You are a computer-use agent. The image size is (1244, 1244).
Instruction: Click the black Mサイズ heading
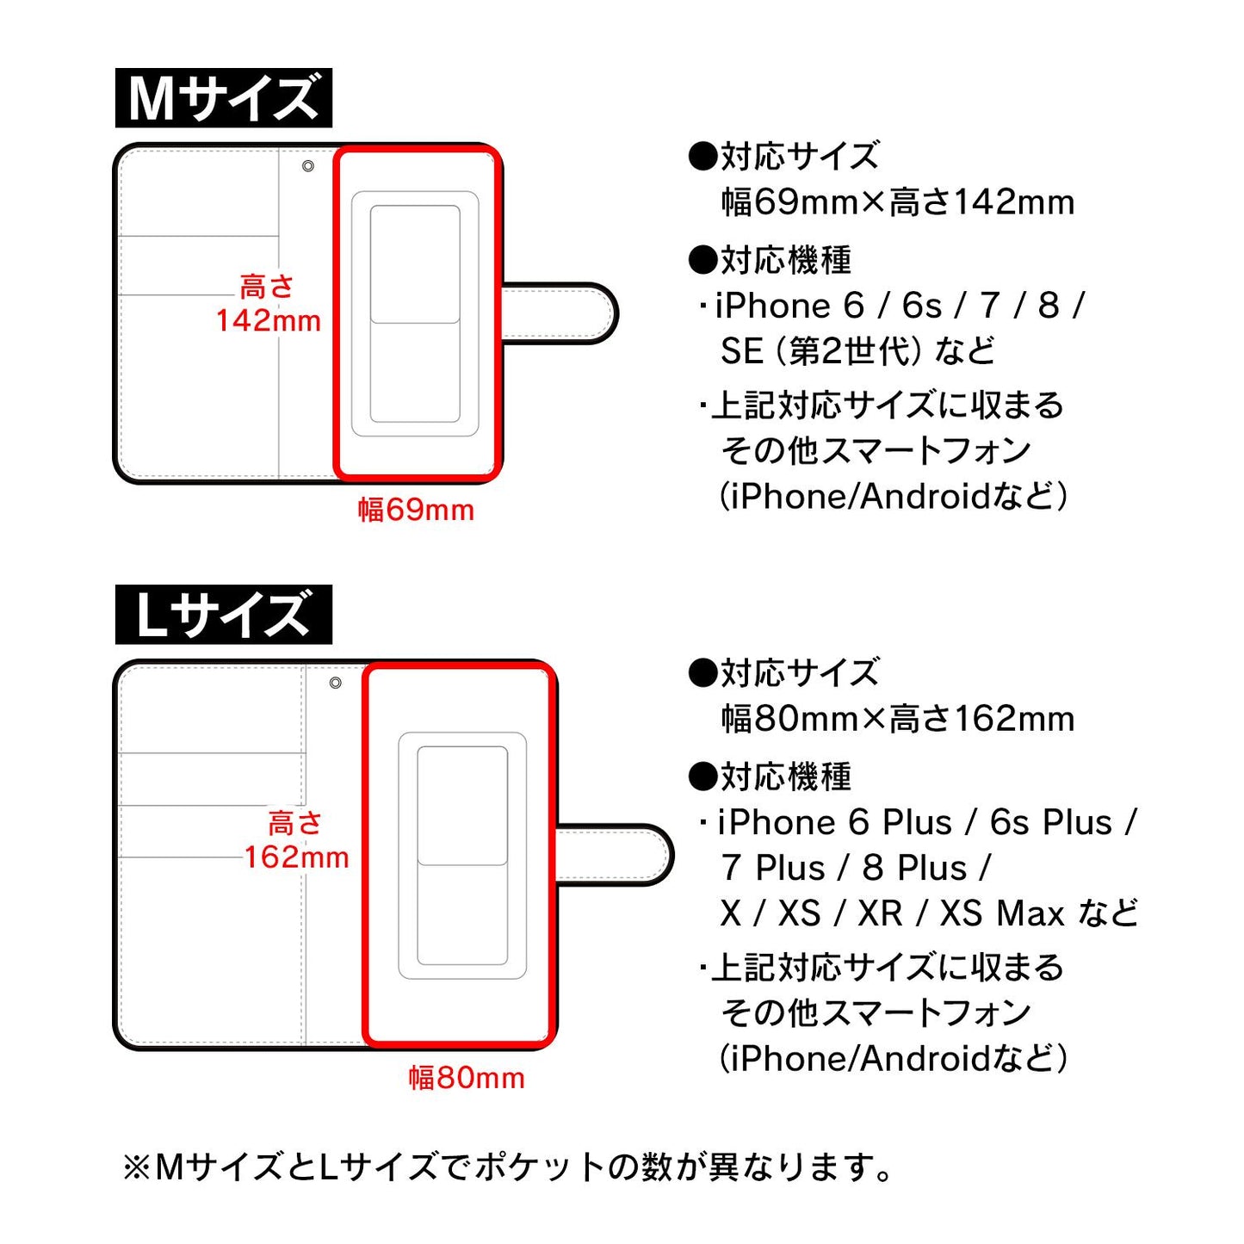coord(223,98)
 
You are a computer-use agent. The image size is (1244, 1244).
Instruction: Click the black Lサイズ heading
coord(223,615)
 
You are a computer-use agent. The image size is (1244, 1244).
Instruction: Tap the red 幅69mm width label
coord(416,510)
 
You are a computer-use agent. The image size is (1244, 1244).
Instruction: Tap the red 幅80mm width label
coord(466,1078)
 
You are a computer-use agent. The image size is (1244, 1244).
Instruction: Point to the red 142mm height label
coord(268,320)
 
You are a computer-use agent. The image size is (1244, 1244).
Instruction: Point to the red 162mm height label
coord(296,857)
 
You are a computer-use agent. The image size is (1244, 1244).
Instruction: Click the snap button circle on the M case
coord(308,166)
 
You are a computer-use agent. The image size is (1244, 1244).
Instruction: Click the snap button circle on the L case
coord(336,683)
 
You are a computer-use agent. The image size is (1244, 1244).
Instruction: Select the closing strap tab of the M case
coord(560,313)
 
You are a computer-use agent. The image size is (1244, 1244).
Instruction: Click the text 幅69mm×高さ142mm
coord(898,203)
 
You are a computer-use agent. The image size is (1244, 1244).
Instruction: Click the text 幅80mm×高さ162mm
coord(898,719)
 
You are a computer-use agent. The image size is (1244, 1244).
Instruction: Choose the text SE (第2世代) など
coord(857,351)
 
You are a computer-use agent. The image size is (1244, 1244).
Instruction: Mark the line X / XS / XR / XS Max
coord(928,913)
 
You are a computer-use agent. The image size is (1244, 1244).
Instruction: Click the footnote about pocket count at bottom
coord(508,1168)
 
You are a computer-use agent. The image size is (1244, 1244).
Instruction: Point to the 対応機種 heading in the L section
coord(771,777)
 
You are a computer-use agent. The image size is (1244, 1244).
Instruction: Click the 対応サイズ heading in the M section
coord(783,157)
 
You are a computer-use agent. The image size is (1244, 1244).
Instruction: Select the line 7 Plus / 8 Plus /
coord(856,868)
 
